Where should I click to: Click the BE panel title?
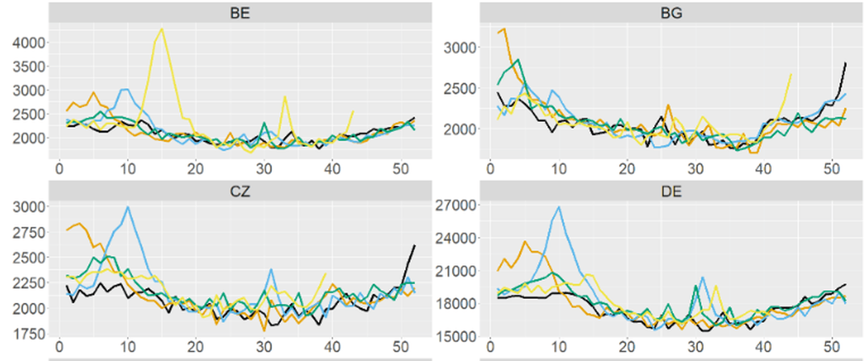[x=240, y=13]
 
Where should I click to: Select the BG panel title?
[x=671, y=13]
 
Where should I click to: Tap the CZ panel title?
[x=240, y=192]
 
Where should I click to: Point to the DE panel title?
[x=671, y=192]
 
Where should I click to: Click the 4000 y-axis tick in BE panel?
[x=29, y=43]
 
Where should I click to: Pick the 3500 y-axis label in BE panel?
[x=29, y=67]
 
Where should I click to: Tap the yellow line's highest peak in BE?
[x=162, y=29]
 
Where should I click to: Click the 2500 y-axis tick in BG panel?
[x=460, y=88]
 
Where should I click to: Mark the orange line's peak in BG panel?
[x=504, y=29]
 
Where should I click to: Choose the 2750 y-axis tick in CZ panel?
[x=29, y=233]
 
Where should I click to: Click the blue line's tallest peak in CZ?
[x=128, y=207]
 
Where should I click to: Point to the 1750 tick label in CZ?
[x=29, y=334]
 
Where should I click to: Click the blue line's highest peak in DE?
[x=559, y=207]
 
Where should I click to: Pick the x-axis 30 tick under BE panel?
[x=264, y=169]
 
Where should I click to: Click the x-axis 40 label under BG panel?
[x=763, y=169]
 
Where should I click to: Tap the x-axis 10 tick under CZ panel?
[x=127, y=347]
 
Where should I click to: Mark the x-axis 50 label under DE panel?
[x=831, y=347]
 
